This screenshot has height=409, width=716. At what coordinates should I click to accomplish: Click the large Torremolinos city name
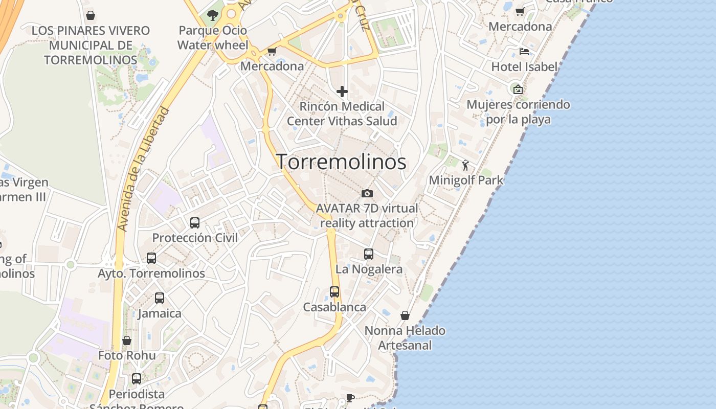pos(341,162)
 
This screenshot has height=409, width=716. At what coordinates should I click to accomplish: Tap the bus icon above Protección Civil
pos(195,223)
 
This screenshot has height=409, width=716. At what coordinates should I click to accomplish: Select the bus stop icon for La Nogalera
pos(369,254)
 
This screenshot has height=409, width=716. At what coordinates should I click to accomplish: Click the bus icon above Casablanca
pos(334,292)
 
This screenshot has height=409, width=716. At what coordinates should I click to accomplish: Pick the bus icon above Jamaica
pos(160,298)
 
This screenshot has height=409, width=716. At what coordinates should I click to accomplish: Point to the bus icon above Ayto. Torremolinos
pos(151,258)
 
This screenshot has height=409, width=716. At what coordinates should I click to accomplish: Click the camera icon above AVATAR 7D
pos(367,193)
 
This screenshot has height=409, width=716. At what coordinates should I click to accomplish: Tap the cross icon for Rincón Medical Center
pos(342,92)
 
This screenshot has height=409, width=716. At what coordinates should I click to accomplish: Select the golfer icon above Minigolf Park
pos(465,165)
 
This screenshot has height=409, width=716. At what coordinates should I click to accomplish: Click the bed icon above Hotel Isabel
pos(524,52)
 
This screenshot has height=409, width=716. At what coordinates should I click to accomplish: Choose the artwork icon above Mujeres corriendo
pos(518,89)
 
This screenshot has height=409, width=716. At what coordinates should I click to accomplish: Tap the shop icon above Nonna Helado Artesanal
pos(405,315)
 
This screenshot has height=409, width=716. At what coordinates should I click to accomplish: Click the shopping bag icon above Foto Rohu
pos(127,340)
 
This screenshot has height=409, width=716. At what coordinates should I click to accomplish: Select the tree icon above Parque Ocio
pos(212,15)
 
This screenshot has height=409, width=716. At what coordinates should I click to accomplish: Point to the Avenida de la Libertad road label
pos(144,169)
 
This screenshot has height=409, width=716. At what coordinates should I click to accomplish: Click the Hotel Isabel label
pos(524,67)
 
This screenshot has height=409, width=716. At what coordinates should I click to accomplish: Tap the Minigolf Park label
pos(466,180)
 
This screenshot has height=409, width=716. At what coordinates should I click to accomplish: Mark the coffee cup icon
pos(350,398)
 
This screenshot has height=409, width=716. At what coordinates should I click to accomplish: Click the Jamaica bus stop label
pos(160,313)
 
